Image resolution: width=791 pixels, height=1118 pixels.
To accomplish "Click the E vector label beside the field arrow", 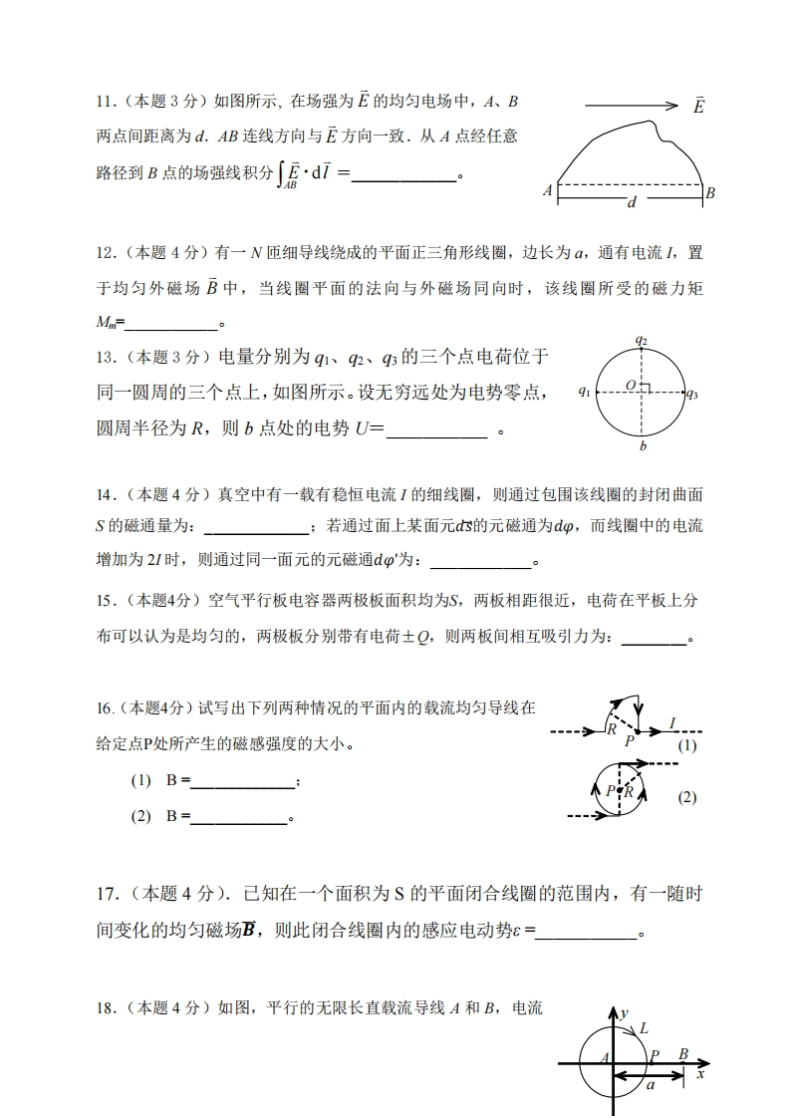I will [x=698, y=106].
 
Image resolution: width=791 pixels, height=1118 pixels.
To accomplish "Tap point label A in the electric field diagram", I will [x=548, y=190].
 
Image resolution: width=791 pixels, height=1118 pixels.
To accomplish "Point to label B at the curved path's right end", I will [x=710, y=193].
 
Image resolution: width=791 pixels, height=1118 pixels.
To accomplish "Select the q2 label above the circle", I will [x=643, y=341].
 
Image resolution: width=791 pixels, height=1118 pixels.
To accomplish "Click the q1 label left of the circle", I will [x=584, y=393].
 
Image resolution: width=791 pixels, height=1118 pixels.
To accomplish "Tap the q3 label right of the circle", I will [x=692, y=394].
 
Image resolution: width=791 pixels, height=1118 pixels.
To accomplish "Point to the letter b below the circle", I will [x=644, y=446].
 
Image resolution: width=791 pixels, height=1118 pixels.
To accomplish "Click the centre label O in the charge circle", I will [x=631, y=385].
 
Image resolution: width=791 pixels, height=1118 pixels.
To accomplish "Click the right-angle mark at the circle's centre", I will [x=646, y=389].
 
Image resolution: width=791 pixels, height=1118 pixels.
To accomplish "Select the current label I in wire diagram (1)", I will [x=673, y=722].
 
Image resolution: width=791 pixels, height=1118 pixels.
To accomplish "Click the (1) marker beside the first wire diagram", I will [x=687, y=745].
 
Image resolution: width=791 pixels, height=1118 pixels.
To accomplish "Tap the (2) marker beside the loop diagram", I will [x=687, y=797].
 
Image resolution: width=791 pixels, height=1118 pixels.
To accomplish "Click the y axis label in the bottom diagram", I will [x=624, y=1012].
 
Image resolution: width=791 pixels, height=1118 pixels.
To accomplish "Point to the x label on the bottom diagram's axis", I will [x=700, y=1074].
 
